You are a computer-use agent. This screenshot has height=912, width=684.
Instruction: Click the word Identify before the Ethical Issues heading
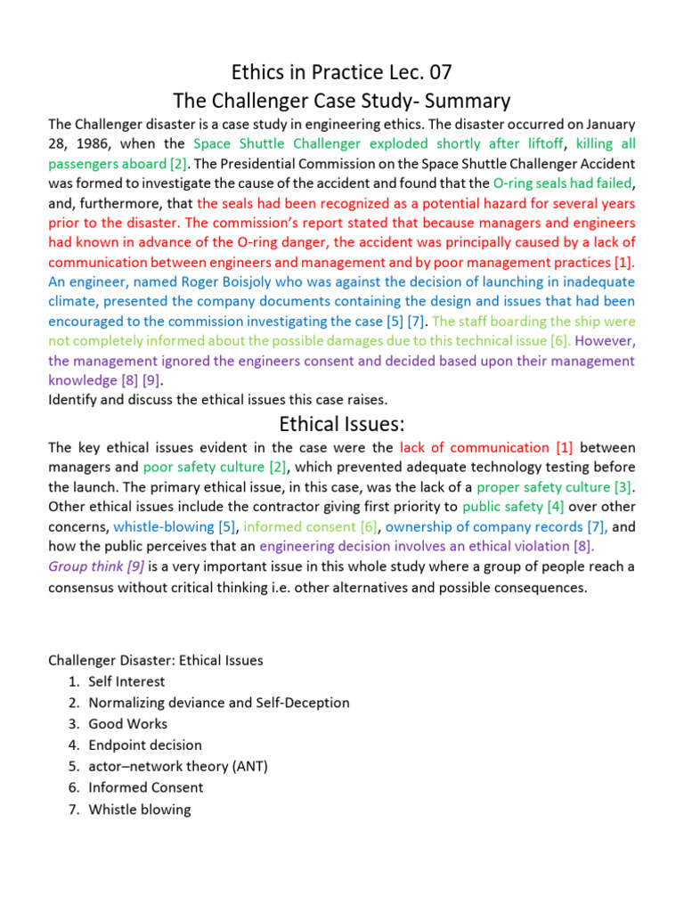click(74, 399)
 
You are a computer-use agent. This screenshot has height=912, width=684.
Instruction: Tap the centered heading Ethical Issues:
click(342, 424)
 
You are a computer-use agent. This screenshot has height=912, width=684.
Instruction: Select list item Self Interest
click(126, 681)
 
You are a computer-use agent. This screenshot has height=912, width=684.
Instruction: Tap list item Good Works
click(127, 724)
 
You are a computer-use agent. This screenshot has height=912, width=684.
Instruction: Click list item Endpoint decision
click(145, 745)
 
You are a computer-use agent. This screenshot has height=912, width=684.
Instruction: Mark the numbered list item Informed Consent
click(145, 788)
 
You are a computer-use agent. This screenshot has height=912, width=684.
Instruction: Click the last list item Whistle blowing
click(139, 810)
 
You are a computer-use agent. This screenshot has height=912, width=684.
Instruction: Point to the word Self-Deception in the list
click(306, 703)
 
